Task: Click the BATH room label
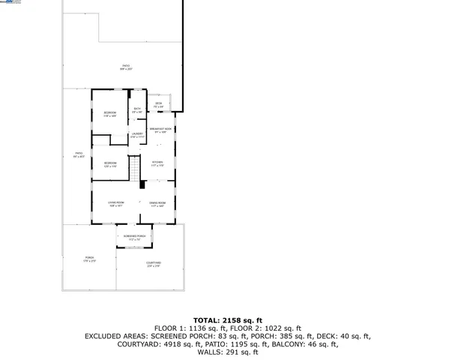click(x=137, y=109)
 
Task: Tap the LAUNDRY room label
click(x=137, y=134)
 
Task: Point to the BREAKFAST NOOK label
click(x=158, y=130)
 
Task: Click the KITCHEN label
click(x=157, y=163)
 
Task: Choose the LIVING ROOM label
click(x=115, y=202)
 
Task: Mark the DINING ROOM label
click(x=157, y=203)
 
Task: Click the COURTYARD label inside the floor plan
click(x=154, y=262)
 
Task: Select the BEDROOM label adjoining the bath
click(x=110, y=112)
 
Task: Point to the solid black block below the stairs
click(x=141, y=183)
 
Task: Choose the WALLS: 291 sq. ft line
click(x=227, y=352)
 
